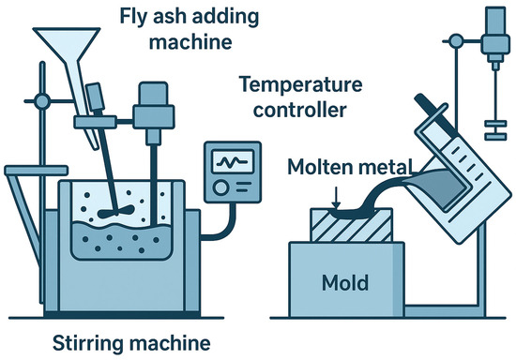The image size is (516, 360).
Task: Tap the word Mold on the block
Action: click(345, 283)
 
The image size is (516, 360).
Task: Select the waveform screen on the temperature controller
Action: click(233, 161)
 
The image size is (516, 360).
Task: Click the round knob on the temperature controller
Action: click(220, 187)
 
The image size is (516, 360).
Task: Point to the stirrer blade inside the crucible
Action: click(115, 212)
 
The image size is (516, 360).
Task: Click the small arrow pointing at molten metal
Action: click(336, 198)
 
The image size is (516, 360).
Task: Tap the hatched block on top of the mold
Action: click(351, 226)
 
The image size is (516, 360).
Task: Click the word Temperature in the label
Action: click(300, 85)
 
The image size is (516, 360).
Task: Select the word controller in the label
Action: click(300, 110)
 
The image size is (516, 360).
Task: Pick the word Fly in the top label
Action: click(132, 17)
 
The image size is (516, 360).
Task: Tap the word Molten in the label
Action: click(321, 167)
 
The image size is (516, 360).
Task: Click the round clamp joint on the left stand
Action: click(42, 101)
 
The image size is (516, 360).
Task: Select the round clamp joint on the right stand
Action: click(456, 41)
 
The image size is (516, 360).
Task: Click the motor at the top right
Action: click(495, 33)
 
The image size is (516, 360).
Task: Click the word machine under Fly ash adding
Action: click(190, 42)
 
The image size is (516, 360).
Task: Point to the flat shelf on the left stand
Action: click(37, 171)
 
